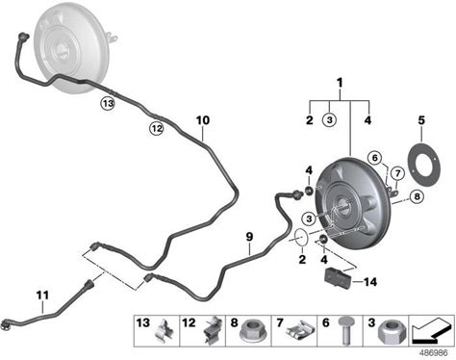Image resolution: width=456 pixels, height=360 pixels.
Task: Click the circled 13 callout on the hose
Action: click(108, 103)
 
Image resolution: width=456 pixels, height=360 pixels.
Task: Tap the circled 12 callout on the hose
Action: click(157, 129)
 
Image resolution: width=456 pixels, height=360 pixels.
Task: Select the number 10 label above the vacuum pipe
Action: click(203, 120)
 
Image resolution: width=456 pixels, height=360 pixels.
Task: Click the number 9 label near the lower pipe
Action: click(249, 237)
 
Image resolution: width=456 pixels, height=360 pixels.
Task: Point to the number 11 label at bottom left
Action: click(42, 295)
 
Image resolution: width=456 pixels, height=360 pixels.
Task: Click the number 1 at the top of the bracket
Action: click(340, 83)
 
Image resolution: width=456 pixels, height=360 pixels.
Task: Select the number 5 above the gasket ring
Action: click(421, 120)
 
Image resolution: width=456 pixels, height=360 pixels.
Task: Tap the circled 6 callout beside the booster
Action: click(375, 158)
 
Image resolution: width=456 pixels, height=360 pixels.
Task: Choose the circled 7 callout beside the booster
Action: click(398, 173)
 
